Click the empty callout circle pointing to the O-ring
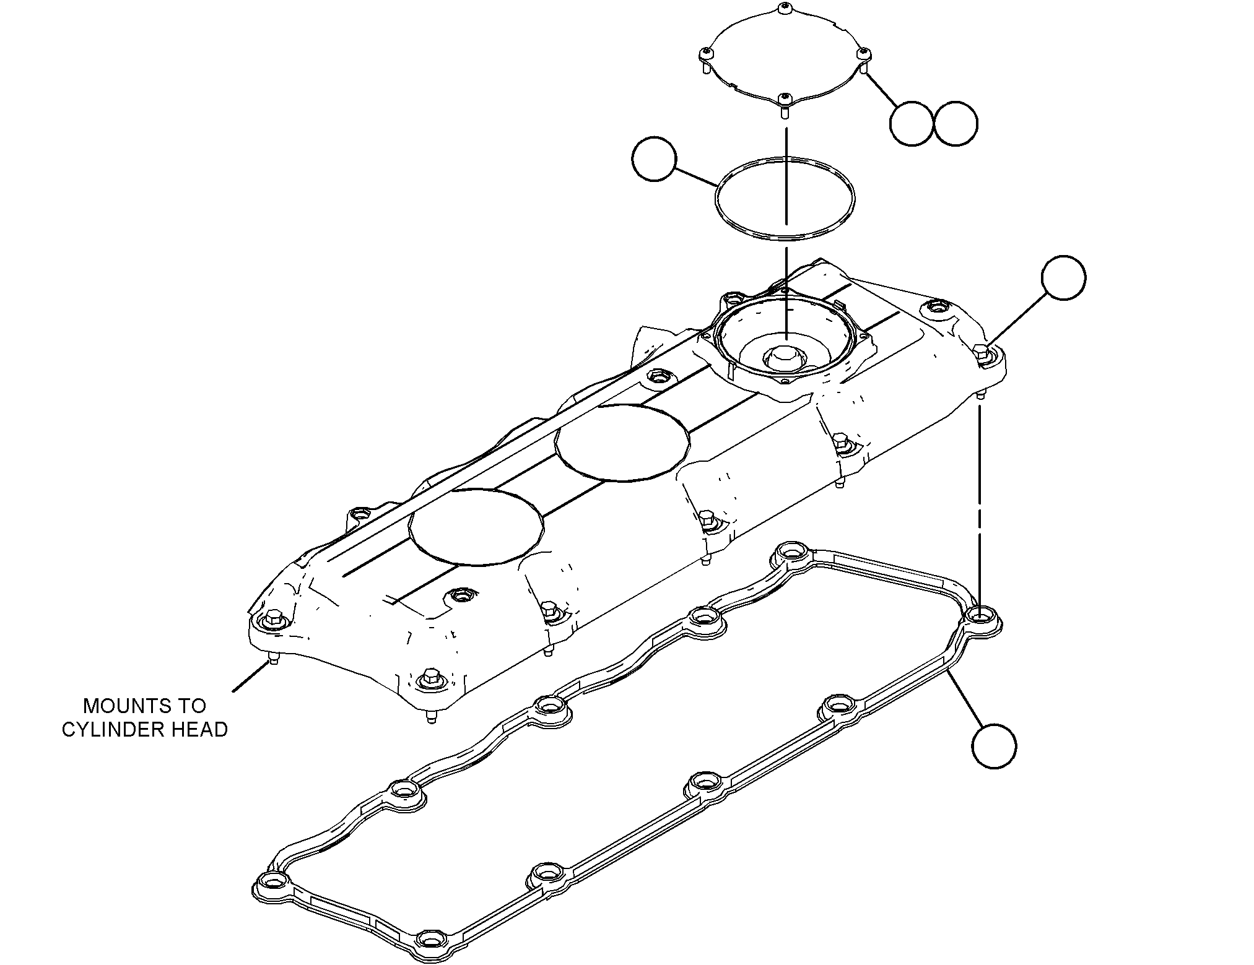point(654,160)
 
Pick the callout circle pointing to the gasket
point(994,747)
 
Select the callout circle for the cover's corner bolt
point(1063,279)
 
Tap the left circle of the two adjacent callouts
point(912,124)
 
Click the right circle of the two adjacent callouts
point(956,124)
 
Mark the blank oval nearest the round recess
point(623,442)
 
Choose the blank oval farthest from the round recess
point(476,526)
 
